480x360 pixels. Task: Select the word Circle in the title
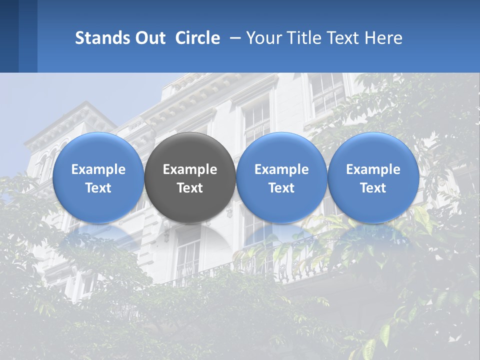tap(197, 38)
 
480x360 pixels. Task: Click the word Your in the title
tap(262, 38)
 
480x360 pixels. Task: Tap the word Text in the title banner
tap(342, 38)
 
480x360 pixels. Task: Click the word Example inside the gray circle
tap(190, 169)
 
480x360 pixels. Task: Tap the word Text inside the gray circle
tap(190, 188)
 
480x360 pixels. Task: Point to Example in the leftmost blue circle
tap(98, 169)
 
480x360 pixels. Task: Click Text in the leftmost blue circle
tap(98, 188)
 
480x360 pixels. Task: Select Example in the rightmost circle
tap(373, 169)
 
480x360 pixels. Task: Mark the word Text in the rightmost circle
tap(373, 188)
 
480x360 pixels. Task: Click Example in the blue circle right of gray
tap(281, 169)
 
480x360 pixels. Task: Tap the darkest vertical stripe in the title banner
tap(9, 36)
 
